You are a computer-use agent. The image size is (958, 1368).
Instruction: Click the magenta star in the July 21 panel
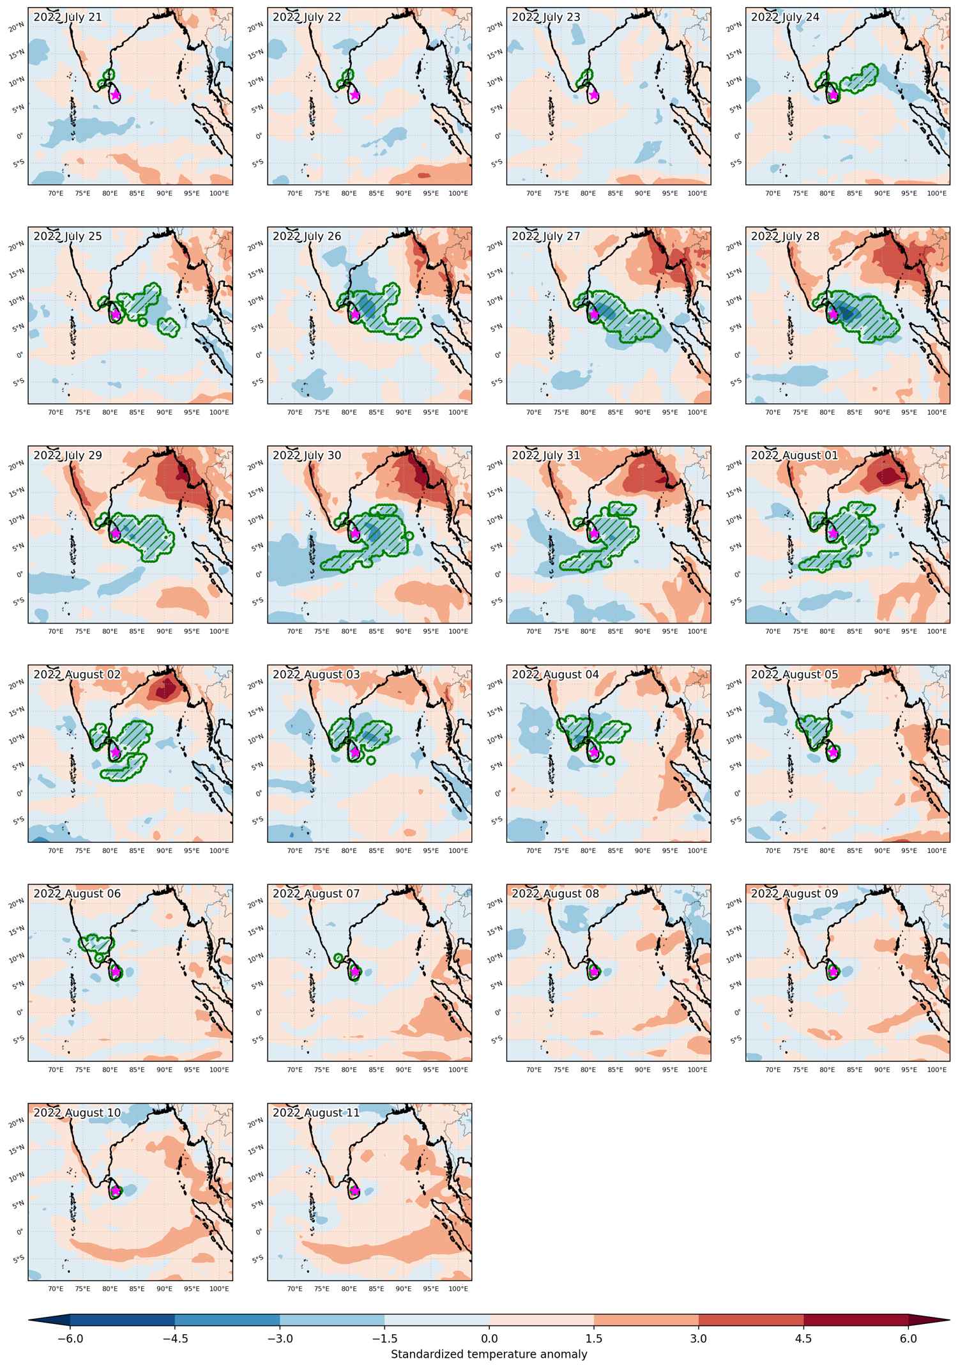[x=116, y=95]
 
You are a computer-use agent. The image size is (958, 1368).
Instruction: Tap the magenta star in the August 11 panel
[x=354, y=1190]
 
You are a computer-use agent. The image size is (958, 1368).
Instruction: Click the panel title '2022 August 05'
[x=795, y=675]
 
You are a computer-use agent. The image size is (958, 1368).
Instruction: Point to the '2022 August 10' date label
[x=77, y=1112]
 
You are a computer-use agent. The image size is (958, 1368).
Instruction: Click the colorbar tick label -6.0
[x=70, y=1338]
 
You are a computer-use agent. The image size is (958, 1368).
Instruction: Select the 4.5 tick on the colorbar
[x=803, y=1338]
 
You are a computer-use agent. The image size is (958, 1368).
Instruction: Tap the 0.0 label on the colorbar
[x=489, y=1338]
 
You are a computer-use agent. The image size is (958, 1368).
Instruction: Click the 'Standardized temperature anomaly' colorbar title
[x=489, y=1354]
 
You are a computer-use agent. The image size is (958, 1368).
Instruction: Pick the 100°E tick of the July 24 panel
[x=937, y=194]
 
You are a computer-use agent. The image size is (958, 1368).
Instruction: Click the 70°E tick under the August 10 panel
[x=56, y=1289]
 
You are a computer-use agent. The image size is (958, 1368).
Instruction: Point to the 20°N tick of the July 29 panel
[x=17, y=465]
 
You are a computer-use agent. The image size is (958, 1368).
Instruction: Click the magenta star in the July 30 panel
[x=354, y=534]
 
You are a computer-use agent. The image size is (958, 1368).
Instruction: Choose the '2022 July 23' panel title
[x=546, y=17]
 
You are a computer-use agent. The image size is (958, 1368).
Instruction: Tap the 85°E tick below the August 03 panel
[x=376, y=851]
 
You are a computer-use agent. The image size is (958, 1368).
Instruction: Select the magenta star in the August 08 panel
[x=594, y=971]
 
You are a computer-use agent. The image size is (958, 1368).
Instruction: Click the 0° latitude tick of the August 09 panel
[x=737, y=1013]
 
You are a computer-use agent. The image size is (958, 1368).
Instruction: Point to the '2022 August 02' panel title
[x=77, y=675]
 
